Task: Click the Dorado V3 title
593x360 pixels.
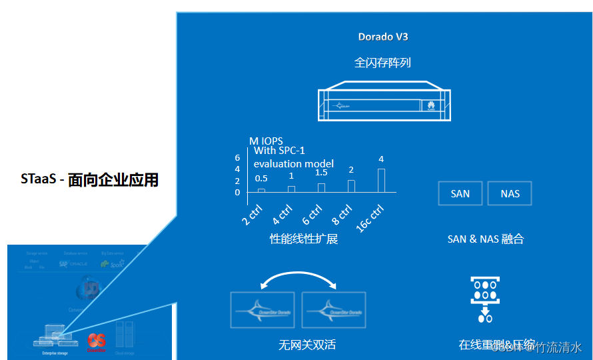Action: [x=383, y=37]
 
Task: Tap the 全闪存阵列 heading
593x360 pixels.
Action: [x=382, y=63]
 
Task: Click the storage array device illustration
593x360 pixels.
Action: [x=383, y=102]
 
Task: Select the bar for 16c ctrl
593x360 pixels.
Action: [x=381, y=180]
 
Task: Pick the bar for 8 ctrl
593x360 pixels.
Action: [x=351, y=186]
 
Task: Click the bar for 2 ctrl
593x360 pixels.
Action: [x=261, y=191]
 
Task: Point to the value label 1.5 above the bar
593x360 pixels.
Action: [x=321, y=173]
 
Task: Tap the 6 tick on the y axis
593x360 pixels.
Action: [x=237, y=158]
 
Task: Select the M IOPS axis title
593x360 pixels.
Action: [x=266, y=141]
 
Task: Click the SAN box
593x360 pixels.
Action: [x=460, y=193]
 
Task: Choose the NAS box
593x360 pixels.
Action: [x=510, y=193]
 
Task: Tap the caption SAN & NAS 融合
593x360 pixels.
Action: [x=486, y=239]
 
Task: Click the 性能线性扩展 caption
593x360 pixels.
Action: [x=304, y=239]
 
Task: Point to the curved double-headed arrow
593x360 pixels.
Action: [x=298, y=280]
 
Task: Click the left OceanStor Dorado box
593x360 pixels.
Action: [x=263, y=309]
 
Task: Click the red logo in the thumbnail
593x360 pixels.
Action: [x=97, y=340]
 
